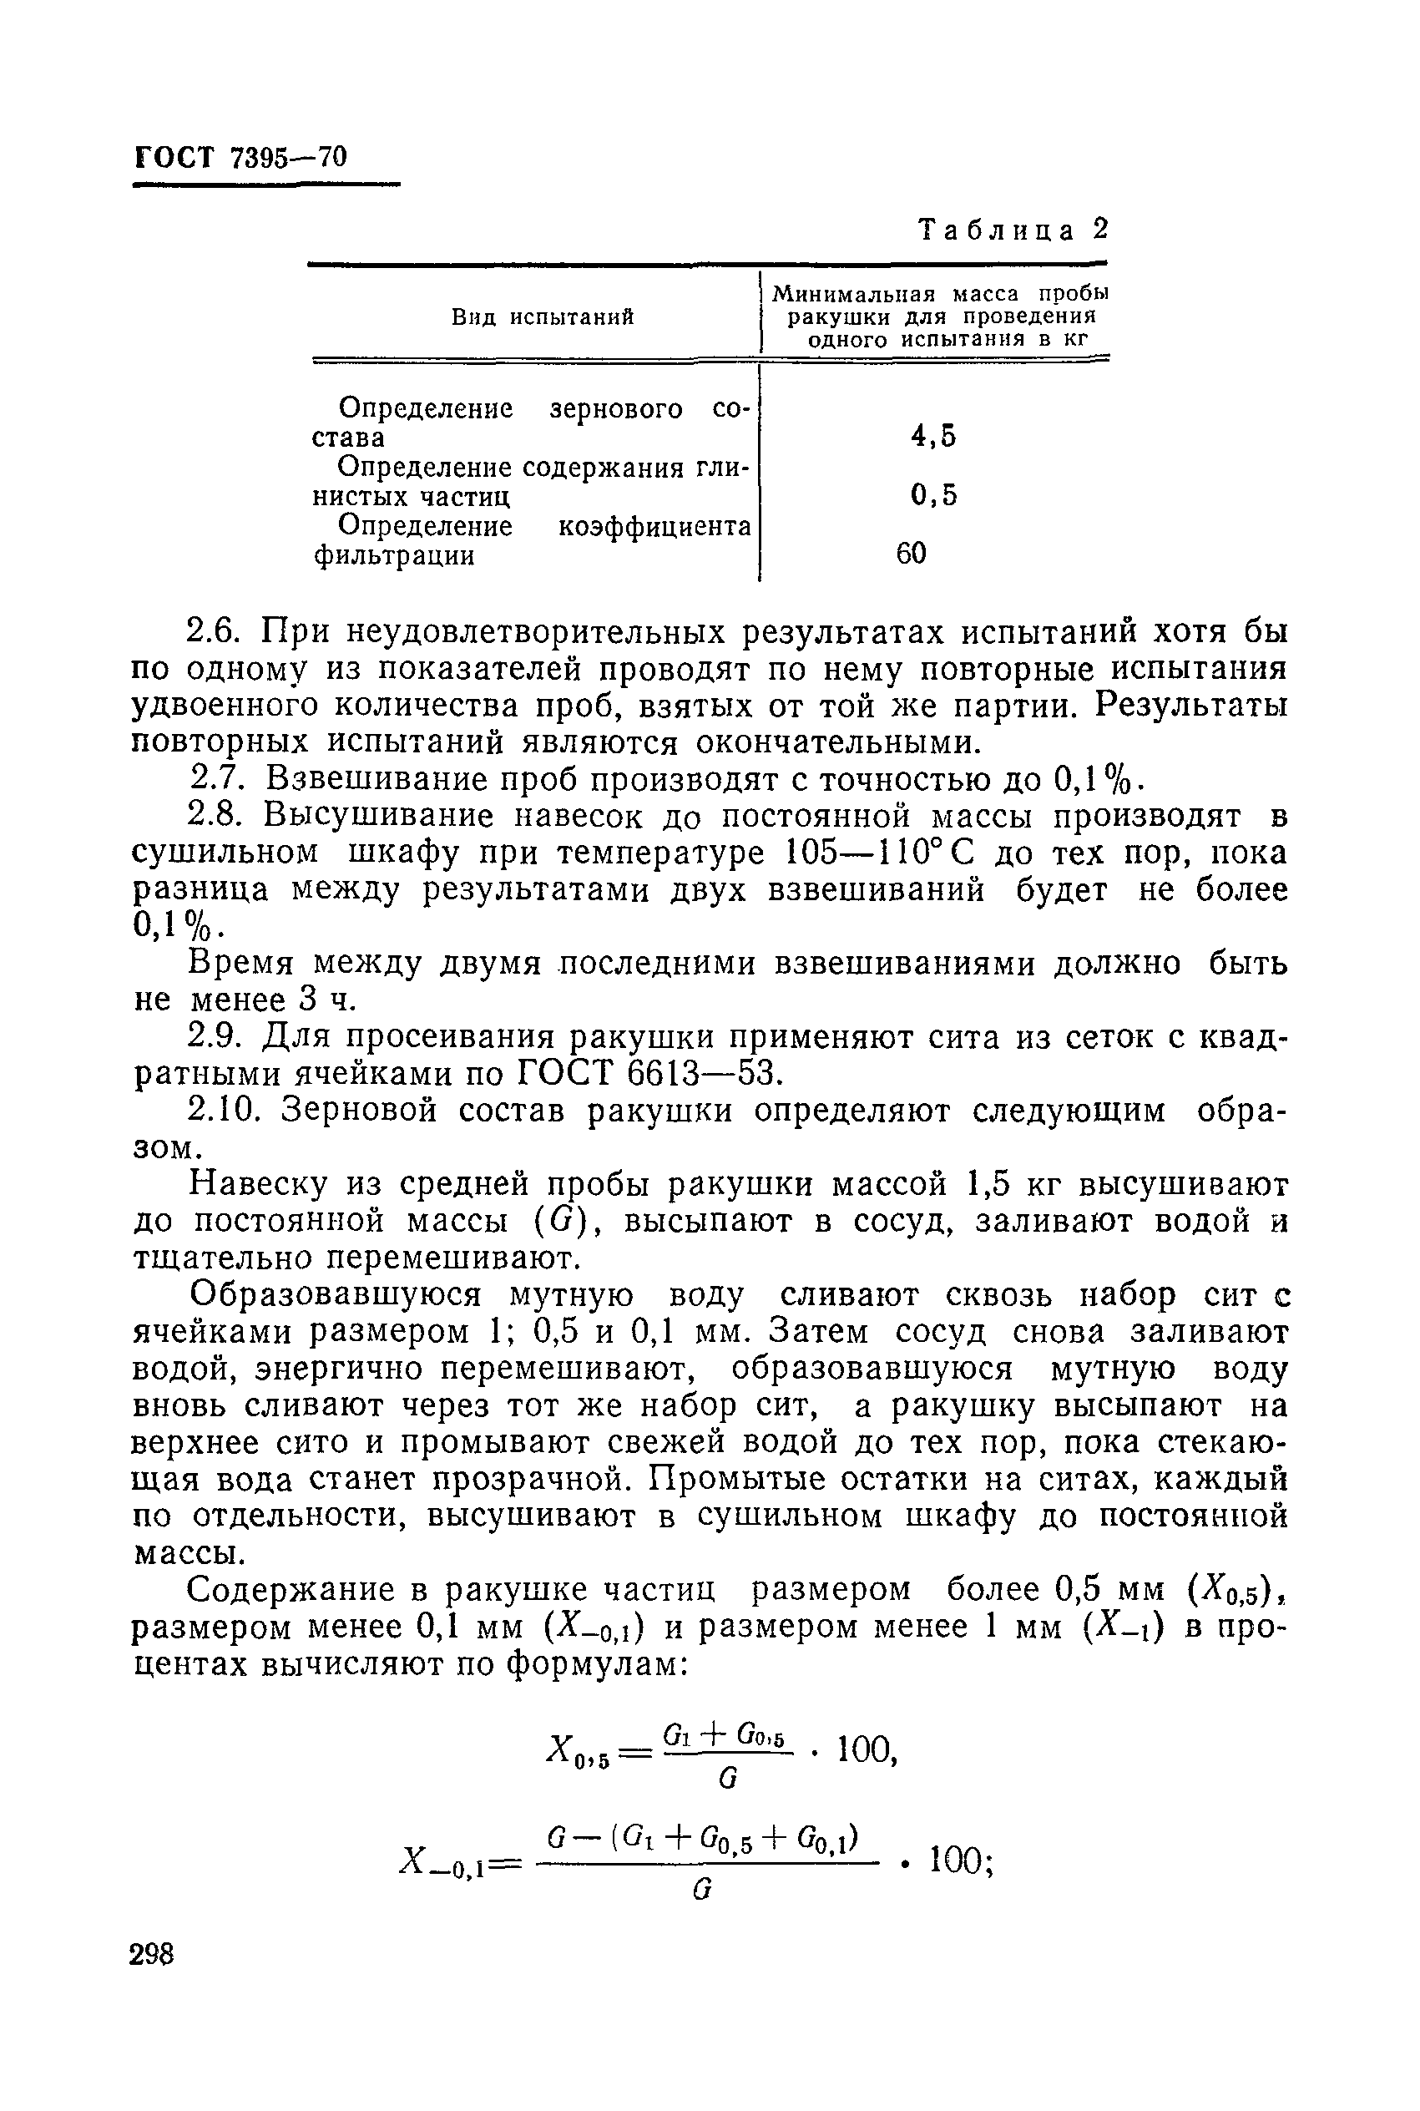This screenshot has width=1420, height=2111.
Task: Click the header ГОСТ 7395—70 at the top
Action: [240, 158]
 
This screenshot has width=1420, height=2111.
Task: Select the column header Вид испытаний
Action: [543, 317]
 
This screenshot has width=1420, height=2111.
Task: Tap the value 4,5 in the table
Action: [932, 437]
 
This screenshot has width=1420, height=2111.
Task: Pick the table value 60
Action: [911, 554]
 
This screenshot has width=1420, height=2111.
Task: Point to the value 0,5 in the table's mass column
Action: [932, 495]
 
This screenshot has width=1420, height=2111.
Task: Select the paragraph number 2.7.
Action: [215, 779]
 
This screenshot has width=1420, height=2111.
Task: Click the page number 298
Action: [151, 1954]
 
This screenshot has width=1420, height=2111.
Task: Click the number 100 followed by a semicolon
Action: [960, 1862]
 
